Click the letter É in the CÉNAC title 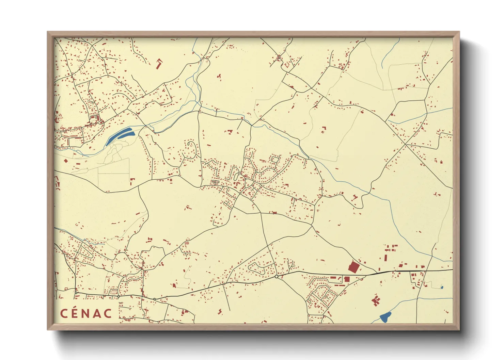click(x=75, y=313)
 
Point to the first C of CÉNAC click(x=64, y=313)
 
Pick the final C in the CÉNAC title click(x=108, y=313)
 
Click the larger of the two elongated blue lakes click(x=125, y=135)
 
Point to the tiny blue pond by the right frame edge click(x=442, y=288)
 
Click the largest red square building click(x=353, y=267)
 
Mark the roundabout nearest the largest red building click(x=277, y=277)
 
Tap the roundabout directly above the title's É click(x=76, y=292)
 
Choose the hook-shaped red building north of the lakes click(x=159, y=64)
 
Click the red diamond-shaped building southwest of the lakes click(x=66, y=161)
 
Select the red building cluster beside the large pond click(x=376, y=300)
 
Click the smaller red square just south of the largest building click(x=347, y=279)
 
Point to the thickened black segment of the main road click(x=378, y=273)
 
